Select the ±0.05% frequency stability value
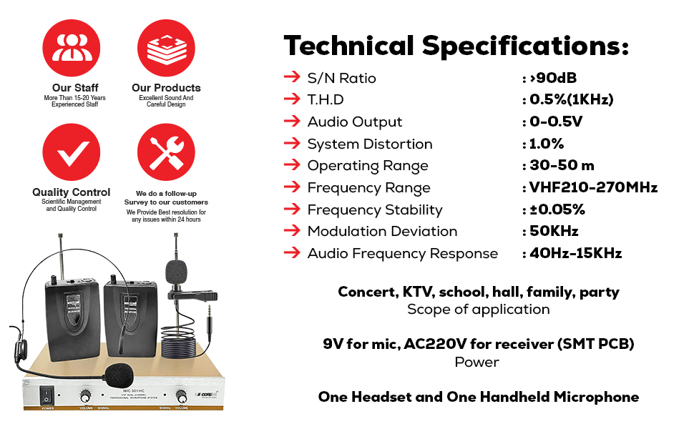(557, 209)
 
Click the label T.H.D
(326, 99)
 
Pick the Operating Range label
(368, 165)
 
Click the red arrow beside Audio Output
(291, 122)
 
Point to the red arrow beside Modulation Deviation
(291, 231)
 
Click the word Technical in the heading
(349, 45)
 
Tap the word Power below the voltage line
(477, 362)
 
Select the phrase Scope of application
(478, 310)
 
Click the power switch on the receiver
(47, 396)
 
